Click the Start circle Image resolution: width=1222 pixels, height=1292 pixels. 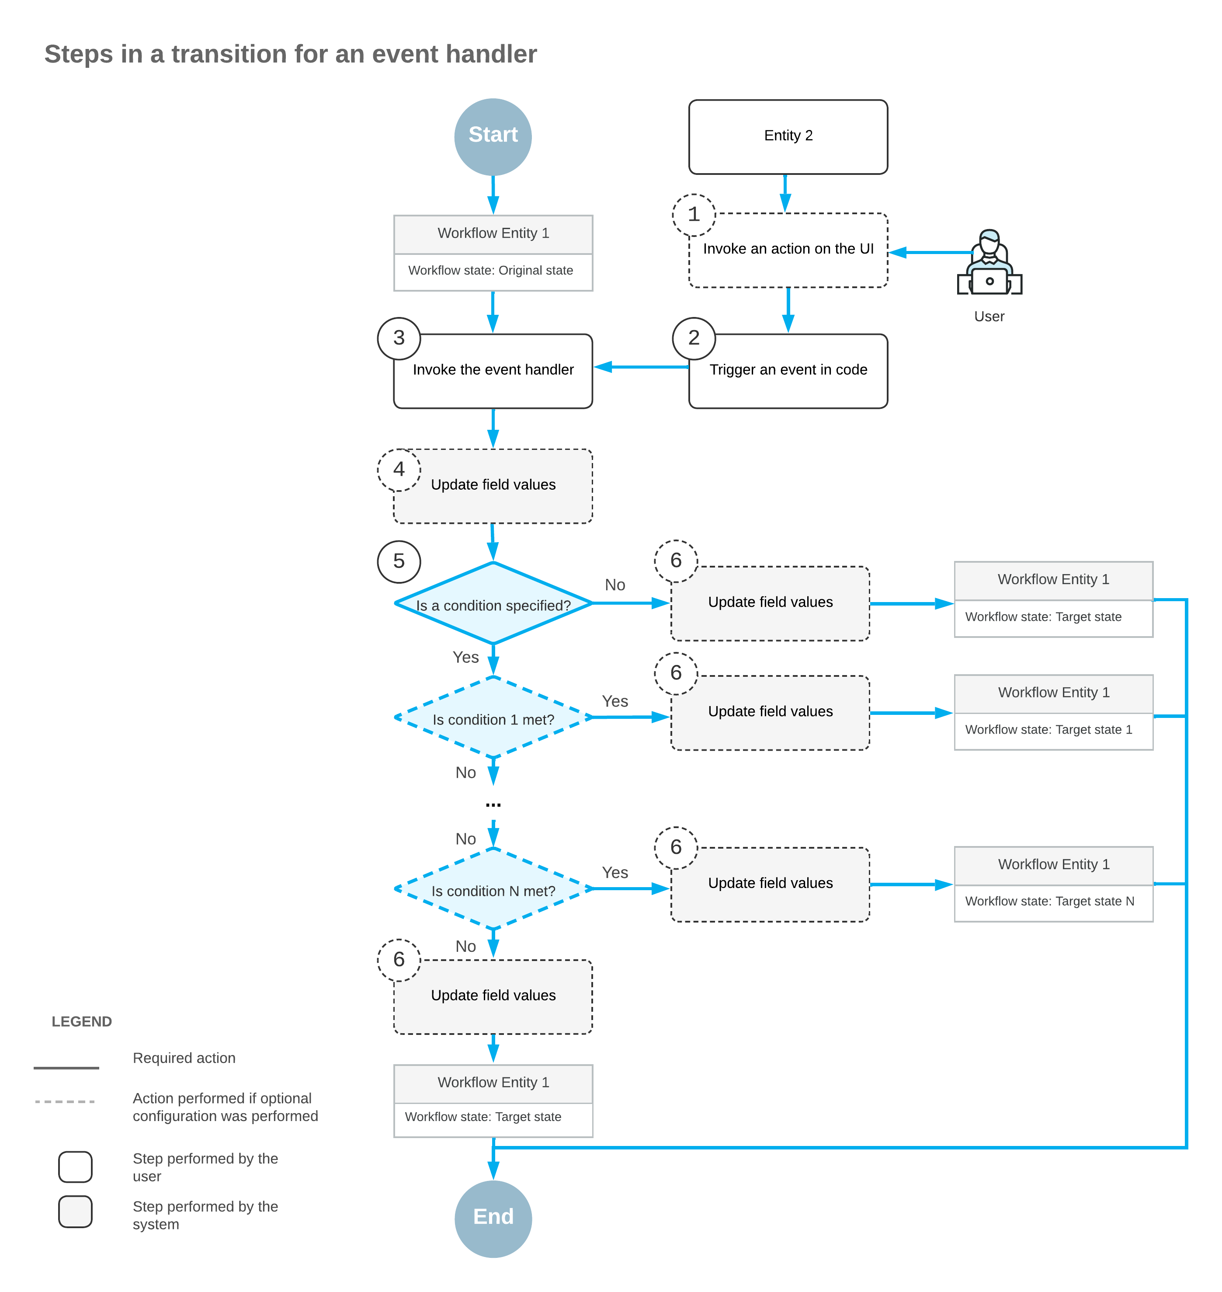click(493, 137)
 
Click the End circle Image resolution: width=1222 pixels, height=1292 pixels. click(493, 1219)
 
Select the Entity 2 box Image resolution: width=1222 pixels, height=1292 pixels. click(788, 137)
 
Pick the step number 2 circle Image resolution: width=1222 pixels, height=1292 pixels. click(694, 338)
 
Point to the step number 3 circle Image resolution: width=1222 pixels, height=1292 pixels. click(399, 338)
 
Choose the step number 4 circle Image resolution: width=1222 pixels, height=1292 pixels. click(399, 470)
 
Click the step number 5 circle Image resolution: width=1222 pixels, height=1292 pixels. click(399, 562)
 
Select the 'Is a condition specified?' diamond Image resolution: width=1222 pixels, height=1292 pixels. click(493, 603)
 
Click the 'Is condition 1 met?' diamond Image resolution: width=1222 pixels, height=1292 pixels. click(493, 717)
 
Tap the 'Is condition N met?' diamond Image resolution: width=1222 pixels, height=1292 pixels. click(493, 889)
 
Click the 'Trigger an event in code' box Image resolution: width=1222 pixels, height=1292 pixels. click(788, 371)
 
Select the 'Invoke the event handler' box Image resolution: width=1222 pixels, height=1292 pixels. click(493, 371)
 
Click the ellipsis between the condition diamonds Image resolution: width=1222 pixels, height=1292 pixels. click(493, 805)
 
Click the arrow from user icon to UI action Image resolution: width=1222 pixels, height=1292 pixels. click(931, 252)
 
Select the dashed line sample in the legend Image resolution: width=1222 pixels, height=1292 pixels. click(65, 1102)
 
